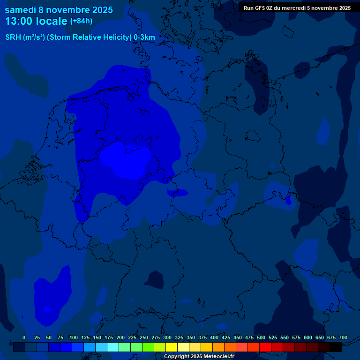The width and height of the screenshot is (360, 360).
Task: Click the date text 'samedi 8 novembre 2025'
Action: pos(59,10)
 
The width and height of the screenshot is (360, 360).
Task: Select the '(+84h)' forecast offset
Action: pos(81,21)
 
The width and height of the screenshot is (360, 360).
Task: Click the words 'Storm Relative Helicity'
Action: pos(90,37)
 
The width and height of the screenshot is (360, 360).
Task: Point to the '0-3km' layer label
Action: pos(144,37)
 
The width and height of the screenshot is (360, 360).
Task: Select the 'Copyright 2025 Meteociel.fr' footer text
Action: pos(199,357)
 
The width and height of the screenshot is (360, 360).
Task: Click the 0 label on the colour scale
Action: pos(24,337)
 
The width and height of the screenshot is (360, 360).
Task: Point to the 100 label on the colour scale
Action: pos(73,337)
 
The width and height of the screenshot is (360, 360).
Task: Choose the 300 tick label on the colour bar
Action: pos(167,337)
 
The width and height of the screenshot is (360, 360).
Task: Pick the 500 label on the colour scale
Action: pos(261,337)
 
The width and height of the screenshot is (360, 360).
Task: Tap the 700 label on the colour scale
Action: pos(343,337)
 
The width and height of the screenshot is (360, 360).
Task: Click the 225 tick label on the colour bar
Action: pos(132,337)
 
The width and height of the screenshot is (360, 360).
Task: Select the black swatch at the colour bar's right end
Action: pos(336,347)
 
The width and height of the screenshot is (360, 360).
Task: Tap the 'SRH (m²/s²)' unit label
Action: pos(25,37)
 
